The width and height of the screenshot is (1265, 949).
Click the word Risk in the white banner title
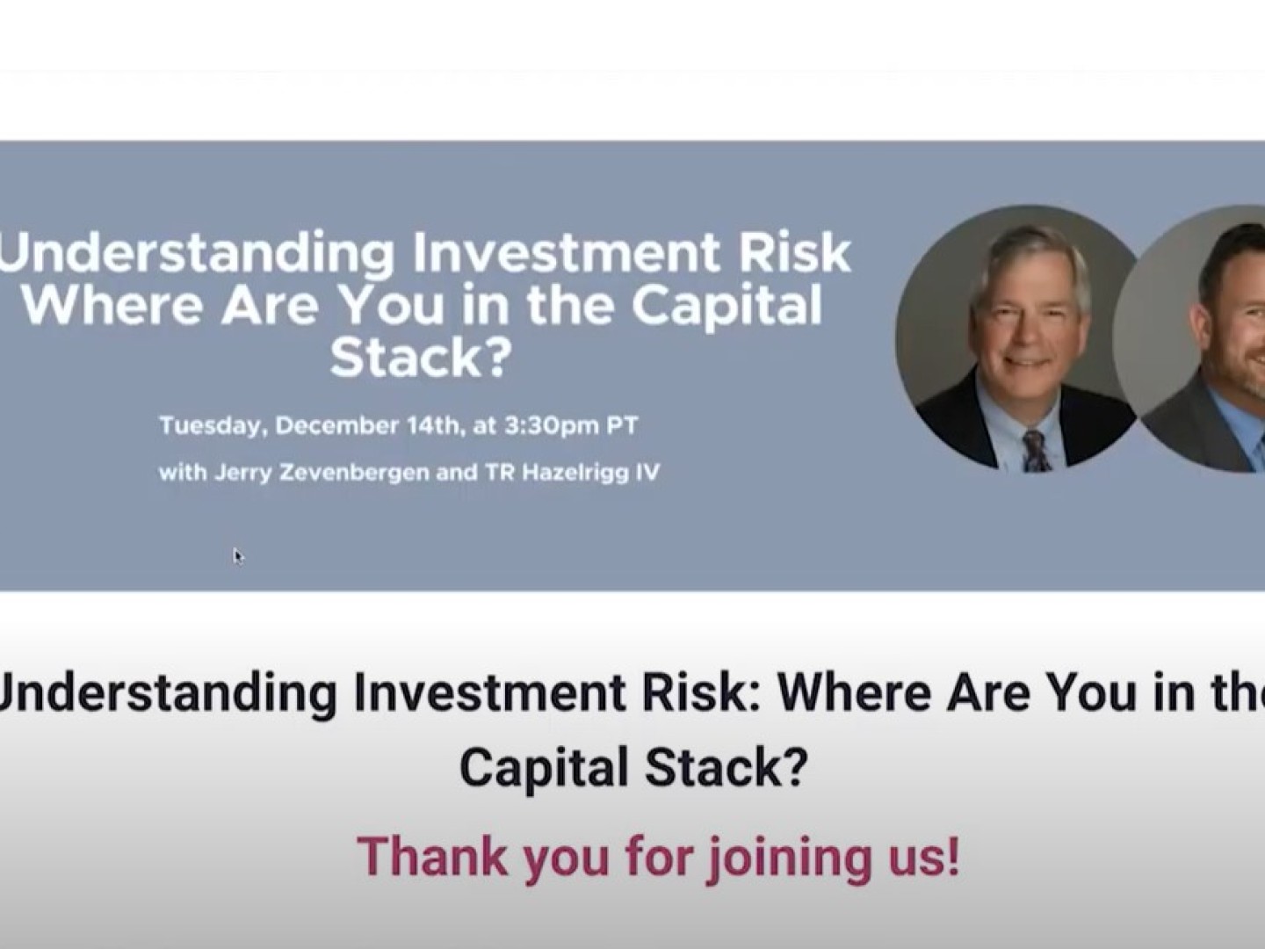pos(795,254)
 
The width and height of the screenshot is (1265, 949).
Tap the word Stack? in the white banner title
pos(421,357)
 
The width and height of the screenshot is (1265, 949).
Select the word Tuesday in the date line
pos(210,427)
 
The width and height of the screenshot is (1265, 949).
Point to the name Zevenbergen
pos(353,474)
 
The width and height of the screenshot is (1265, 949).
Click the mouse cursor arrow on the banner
pos(239,557)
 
